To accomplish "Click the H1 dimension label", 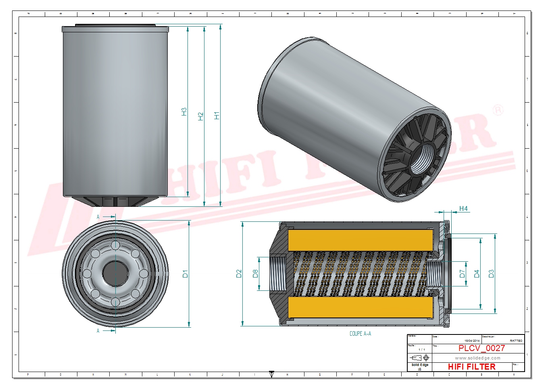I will pyautogui.click(x=217, y=116).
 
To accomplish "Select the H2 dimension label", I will pyautogui.click(x=200, y=116).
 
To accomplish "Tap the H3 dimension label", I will pyautogui.click(x=184, y=112).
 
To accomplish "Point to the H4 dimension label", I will pyautogui.click(x=463, y=209).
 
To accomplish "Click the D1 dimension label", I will pyautogui.click(x=185, y=274).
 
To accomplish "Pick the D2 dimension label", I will pyautogui.click(x=239, y=274).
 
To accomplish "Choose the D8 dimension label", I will pyautogui.click(x=255, y=274).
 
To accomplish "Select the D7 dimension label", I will pyautogui.click(x=462, y=274).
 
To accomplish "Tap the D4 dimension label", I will pyautogui.click(x=477, y=274).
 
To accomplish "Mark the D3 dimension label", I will pyautogui.click(x=491, y=274).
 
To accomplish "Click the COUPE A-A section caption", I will pyautogui.click(x=360, y=334).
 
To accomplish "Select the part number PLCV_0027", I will pyautogui.click(x=481, y=348).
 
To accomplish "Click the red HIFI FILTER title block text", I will pyautogui.click(x=471, y=367).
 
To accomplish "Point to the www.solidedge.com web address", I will pyautogui.click(x=477, y=358).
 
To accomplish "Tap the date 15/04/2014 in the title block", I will pyautogui.click(x=472, y=341).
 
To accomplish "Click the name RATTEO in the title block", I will pyautogui.click(x=516, y=341).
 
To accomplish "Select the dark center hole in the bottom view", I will pyautogui.click(x=115, y=273).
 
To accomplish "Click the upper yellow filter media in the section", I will pyautogui.click(x=360, y=240).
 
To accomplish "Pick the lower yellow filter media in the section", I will pyautogui.click(x=360, y=307).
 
